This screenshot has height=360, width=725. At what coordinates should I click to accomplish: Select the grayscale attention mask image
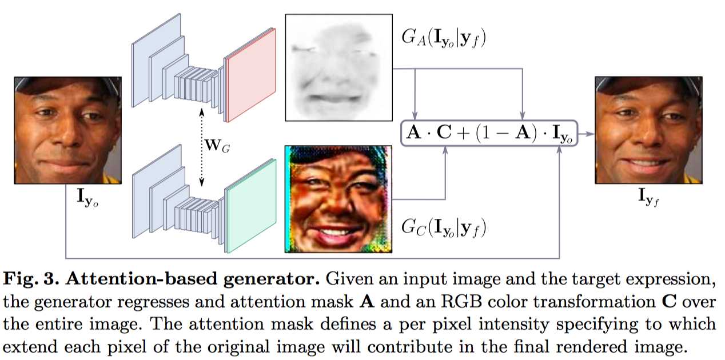tap(338, 67)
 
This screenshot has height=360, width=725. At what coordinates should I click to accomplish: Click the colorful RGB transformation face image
tap(338, 199)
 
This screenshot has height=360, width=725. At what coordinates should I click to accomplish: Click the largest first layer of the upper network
tap(147, 63)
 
